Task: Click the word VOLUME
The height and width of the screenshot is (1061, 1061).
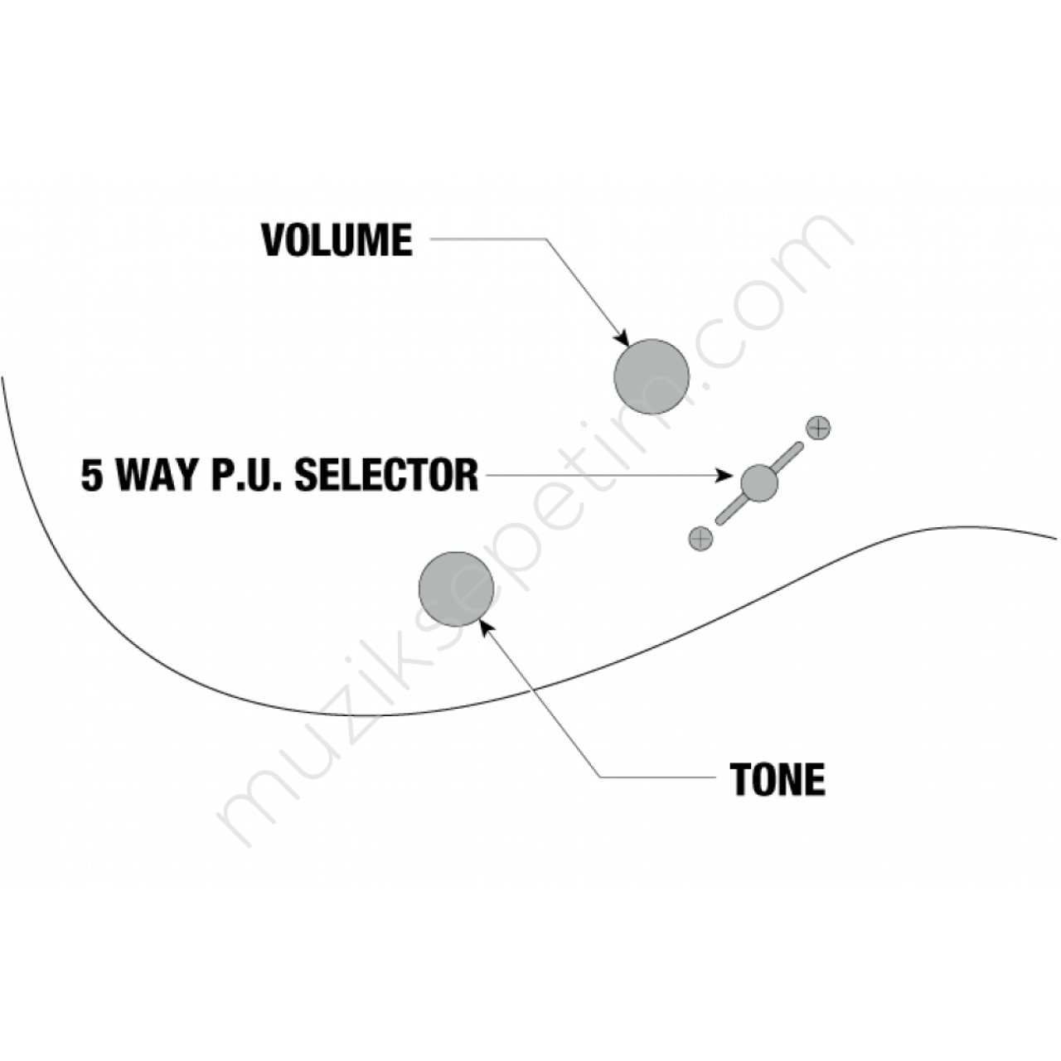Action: [x=337, y=240]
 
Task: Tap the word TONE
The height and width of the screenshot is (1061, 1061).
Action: [x=778, y=779]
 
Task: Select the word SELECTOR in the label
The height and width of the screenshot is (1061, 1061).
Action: [x=386, y=475]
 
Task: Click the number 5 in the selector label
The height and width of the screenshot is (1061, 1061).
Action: [x=91, y=475]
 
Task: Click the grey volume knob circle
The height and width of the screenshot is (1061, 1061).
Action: [x=652, y=376]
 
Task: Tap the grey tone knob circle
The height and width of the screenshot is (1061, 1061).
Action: [x=456, y=589]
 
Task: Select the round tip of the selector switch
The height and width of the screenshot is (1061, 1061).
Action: [x=759, y=483]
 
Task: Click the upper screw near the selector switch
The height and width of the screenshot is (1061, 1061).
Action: [x=818, y=427]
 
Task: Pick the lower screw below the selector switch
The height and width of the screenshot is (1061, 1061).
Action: [x=701, y=539]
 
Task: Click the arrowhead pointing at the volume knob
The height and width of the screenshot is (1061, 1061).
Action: [x=623, y=337]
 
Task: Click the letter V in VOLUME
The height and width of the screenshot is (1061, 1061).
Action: [x=273, y=240]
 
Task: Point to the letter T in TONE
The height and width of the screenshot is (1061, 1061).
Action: [x=739, y=779]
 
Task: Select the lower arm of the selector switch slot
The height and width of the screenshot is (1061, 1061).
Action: [x=731, y=510]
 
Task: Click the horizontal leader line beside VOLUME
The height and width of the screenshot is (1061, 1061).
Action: [x=488, y=239]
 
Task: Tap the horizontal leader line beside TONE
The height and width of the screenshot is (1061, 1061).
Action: [x=657, y=778]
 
